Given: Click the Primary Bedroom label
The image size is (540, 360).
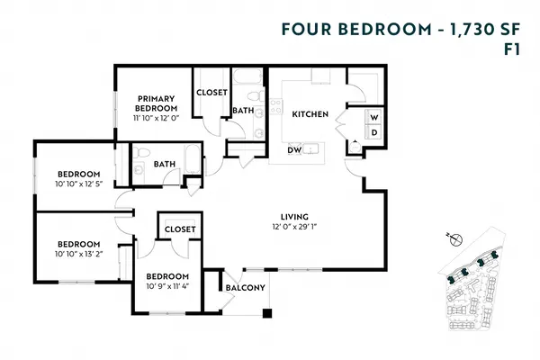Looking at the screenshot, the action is (156, 103).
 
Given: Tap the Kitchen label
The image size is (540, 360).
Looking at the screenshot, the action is (310, 114).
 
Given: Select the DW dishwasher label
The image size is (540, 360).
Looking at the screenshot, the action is (294, 150).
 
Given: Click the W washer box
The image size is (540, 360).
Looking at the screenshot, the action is (374, 118).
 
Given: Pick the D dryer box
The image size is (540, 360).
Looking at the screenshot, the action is (374, 132).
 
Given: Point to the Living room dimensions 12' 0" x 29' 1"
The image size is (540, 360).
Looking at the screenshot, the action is (294, 227).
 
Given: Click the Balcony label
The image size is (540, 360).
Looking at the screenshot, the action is (245, 287).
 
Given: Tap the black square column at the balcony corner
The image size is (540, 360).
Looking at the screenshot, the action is (267, 313).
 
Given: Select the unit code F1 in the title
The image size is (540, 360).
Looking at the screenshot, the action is (512, 50).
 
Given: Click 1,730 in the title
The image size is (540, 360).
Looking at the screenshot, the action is (471, 30).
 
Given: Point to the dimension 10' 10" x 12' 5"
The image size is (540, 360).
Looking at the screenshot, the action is (79, 184).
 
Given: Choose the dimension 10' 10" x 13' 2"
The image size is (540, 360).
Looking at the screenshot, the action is (79, 254).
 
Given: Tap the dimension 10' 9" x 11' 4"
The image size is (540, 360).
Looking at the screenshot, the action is (167, 286).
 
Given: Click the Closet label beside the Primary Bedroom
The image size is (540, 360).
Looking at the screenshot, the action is (211, 93).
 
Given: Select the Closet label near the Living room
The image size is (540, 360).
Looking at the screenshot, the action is (180, 229).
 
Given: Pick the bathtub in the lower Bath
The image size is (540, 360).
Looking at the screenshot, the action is (193, 158).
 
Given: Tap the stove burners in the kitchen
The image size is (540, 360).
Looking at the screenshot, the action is (276, 106).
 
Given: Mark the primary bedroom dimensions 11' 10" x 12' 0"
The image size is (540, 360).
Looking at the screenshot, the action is (157, 118).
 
